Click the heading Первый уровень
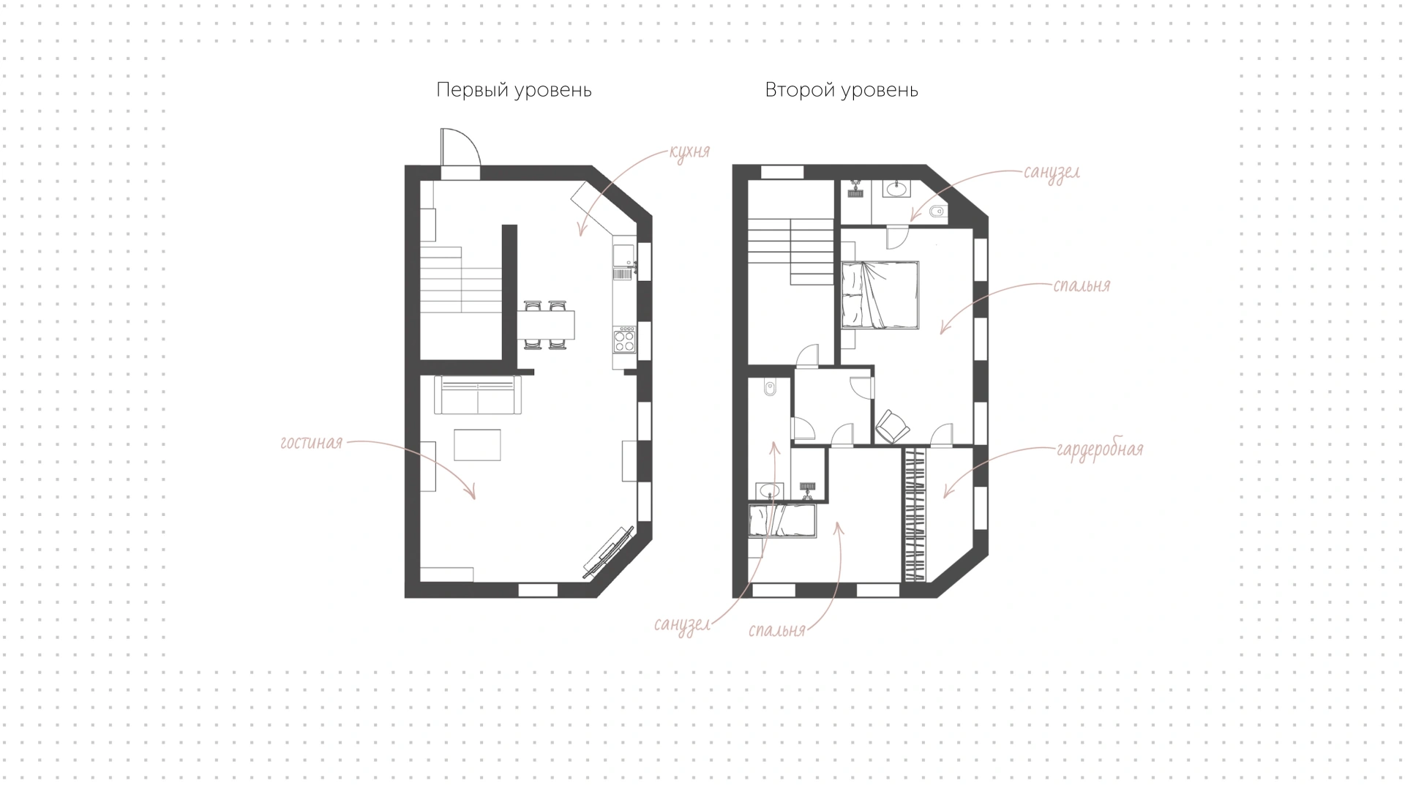[x=514, y=90]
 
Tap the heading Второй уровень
[x=842, y=90]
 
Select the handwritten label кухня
[x=689, y=152]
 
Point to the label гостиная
[x=312, y=443]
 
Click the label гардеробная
[x=1099, y=449]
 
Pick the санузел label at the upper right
[x=1052, y=173]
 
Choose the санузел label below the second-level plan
[x=682, y=624]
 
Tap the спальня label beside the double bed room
[x=1082, y=285]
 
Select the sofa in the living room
[x=478, y=395]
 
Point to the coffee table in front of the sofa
[x=477, y=444]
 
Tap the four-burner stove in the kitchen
[x=624, y=340]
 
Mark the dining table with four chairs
[x=546, y=324]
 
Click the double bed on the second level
[x=880, y=295]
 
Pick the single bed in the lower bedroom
[x=782, y=521]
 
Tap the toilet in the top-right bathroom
[x=937, y=213]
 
